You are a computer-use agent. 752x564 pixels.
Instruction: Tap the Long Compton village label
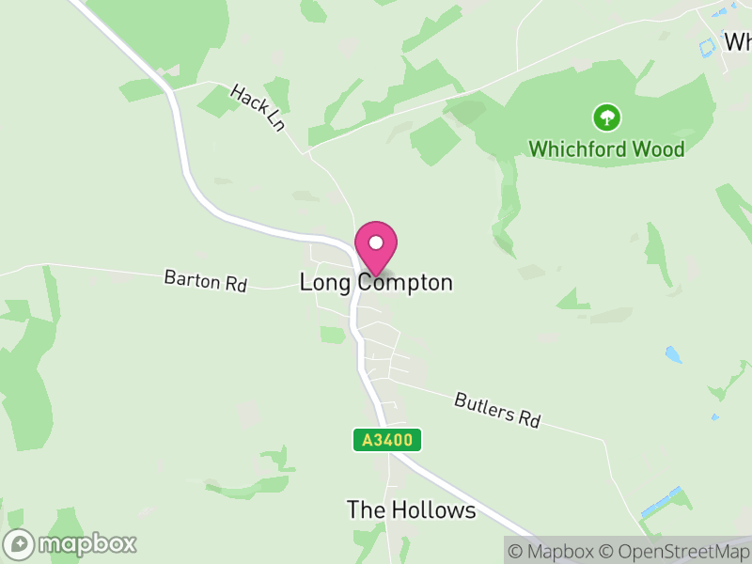point(376,282)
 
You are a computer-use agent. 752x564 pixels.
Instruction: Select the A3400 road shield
point(387,439)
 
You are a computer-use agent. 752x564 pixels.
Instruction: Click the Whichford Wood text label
point(606,149)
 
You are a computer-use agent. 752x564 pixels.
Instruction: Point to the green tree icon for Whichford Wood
point(607,117)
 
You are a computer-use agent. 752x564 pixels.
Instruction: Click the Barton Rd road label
point(205,280)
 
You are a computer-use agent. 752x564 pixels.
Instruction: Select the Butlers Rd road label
point(497,410)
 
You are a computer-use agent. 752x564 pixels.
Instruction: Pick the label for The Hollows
point(411,510)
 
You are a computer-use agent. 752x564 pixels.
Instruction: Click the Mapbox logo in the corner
point(70,543)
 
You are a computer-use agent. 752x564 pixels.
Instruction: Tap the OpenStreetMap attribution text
point(675,551)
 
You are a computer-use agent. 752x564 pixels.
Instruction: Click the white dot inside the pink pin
point(376,243)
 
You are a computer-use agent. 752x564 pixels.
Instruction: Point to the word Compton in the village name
point(405,282)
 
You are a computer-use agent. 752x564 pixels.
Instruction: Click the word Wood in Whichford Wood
point(658,149)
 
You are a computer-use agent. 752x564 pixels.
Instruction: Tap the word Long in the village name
point(321,282)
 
